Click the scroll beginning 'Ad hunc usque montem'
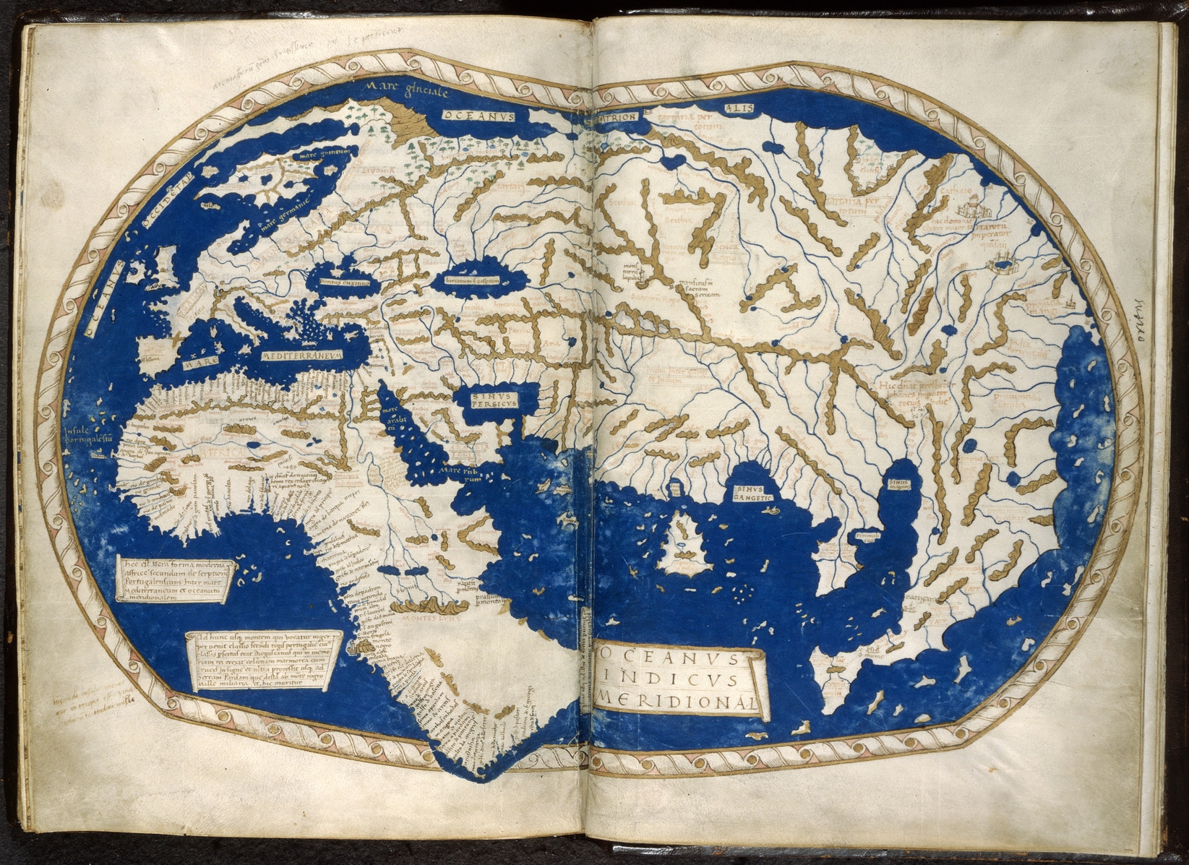click(260, 660)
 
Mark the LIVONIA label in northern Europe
click(383, 172)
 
